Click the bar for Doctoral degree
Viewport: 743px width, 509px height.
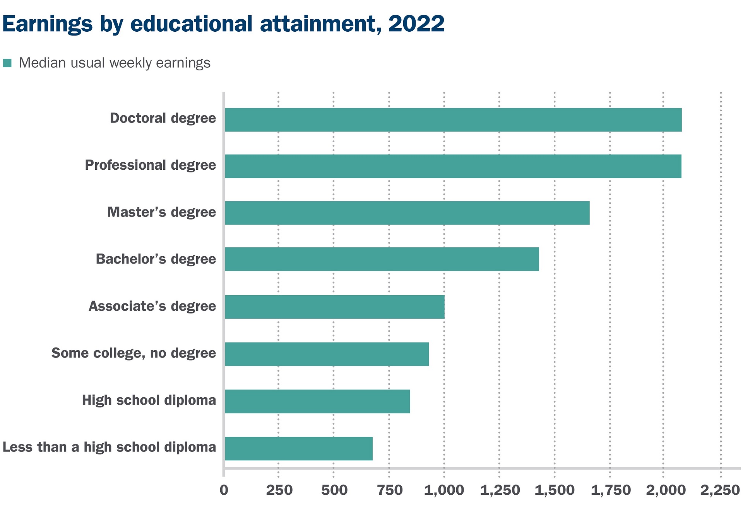pos(453,120)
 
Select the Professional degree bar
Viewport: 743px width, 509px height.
pos(453,166)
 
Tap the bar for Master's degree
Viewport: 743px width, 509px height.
pos(407,213)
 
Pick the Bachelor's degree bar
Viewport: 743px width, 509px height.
pos(382,259)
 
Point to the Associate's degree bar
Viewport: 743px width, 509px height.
pos(335,307)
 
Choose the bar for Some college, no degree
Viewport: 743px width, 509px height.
pos(327,354)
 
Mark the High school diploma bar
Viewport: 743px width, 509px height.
pos(317,401)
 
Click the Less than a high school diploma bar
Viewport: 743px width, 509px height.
pos(299,448)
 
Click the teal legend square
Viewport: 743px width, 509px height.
pos(7,63)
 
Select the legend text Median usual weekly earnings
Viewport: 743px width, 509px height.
pos(115,63)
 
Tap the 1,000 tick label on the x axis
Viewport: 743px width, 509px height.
pos(444,490)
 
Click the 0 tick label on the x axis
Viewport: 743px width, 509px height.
pos(224,490)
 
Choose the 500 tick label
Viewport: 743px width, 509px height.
pos(334,490)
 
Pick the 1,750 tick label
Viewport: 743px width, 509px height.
pos(611,490)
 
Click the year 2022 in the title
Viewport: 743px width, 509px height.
pos(416,24)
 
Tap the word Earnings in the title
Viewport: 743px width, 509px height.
pos(47,24)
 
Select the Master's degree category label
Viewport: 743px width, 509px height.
pos(161,212)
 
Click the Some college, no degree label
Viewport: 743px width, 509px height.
pos(134,353)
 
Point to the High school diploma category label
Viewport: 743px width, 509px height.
pos(149,400)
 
